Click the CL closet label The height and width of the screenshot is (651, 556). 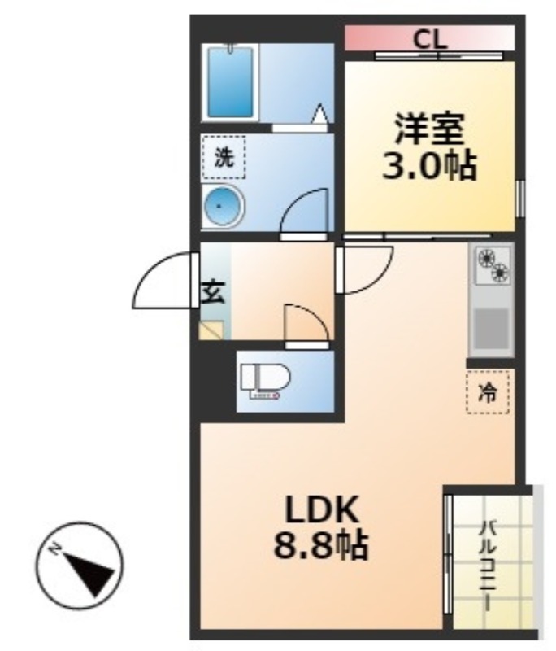[x=429, y=40]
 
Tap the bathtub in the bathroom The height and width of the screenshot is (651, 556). [x=230, y=82]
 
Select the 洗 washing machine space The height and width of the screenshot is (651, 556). [x=224, y=157]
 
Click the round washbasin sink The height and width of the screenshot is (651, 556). [x=223, y=206]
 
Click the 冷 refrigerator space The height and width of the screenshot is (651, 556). [x=488, y=392]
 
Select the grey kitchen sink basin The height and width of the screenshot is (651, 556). [x=491, y=329]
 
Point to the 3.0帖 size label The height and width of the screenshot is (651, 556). [x=429, y=166]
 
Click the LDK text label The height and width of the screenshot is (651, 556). [x=321, y=509]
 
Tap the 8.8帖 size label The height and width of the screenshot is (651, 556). [x=320, y=545]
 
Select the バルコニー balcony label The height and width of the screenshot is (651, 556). [x=488, y=566]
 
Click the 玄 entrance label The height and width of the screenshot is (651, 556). [x=213, y=292]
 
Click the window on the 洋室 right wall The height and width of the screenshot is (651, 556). [x=520, y=199]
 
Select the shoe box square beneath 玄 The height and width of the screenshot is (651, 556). [x=212, y=330]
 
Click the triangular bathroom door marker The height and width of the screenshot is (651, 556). [x=320, y=113]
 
